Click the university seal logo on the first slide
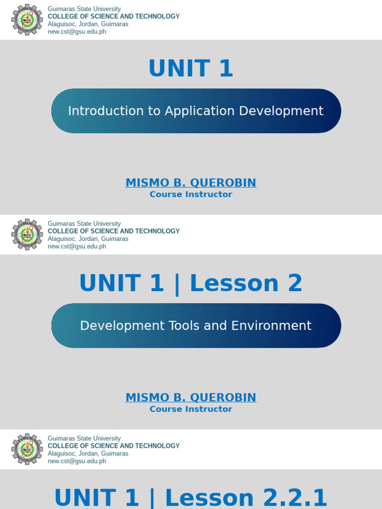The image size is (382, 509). click(x=27, y=20)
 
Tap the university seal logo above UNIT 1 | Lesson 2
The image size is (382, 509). click(x=27, y=235)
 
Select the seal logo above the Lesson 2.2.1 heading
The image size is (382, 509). click(x=27, y=449)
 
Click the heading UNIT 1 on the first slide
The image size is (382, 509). click(x=191, y=69)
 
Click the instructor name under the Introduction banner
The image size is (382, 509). click(x=191, y=183)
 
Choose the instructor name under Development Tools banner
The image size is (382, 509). click(x=191, y=398)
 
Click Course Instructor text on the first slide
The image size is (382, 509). click(x=191, y=194)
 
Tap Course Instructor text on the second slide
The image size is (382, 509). click(x=191, y=409)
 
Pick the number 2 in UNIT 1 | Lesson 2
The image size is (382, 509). click(x=295, y=283)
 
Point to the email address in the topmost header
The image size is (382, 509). click(x=77, y=32)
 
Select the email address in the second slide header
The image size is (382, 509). click(x=77, y=247)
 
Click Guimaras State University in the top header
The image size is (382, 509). click(x=84, y=9)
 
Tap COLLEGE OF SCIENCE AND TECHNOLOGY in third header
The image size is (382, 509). click(x=113, y=446)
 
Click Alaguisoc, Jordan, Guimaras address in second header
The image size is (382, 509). click(x=88, y=239)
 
